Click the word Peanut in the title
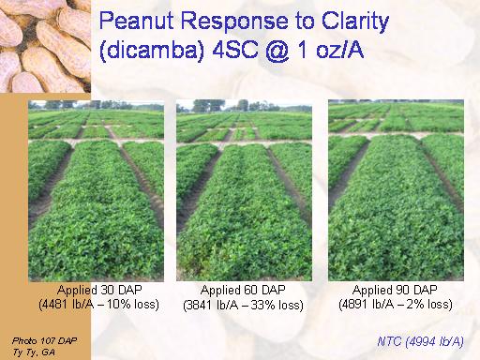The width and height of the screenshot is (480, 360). [136, 21]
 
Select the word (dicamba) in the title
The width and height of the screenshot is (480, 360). [152, 50]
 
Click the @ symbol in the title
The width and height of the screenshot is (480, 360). [277, 51]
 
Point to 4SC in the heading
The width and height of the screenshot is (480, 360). [235, 50]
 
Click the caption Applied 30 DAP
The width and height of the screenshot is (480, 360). [99, 290]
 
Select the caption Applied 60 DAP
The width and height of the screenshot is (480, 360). [243, 290]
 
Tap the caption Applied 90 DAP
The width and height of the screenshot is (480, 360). [395, 290]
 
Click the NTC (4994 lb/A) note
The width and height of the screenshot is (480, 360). [420, 341]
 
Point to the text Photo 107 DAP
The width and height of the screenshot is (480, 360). [44, 340]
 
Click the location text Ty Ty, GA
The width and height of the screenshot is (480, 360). [34, 352]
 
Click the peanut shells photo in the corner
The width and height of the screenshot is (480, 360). [45, 46]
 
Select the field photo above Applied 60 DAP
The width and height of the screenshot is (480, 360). [244, 190]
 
